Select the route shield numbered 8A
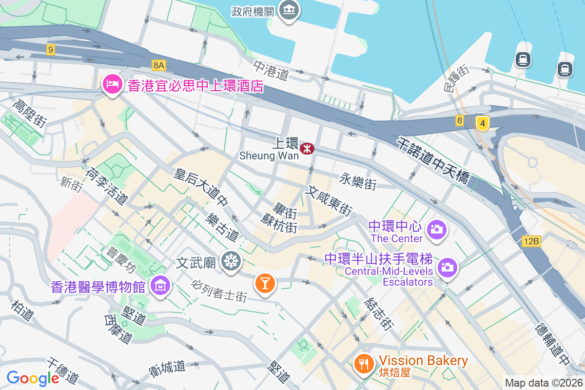(159, 65)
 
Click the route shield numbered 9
(51, 49)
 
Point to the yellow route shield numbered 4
(482, 123)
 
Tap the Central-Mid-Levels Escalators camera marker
(447, 267)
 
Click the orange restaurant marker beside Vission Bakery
(363, 363)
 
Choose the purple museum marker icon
(160, 285)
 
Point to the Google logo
(33, 378)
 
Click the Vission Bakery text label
(423, 361)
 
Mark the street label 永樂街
(358, 182)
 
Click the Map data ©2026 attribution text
(544, 383)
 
